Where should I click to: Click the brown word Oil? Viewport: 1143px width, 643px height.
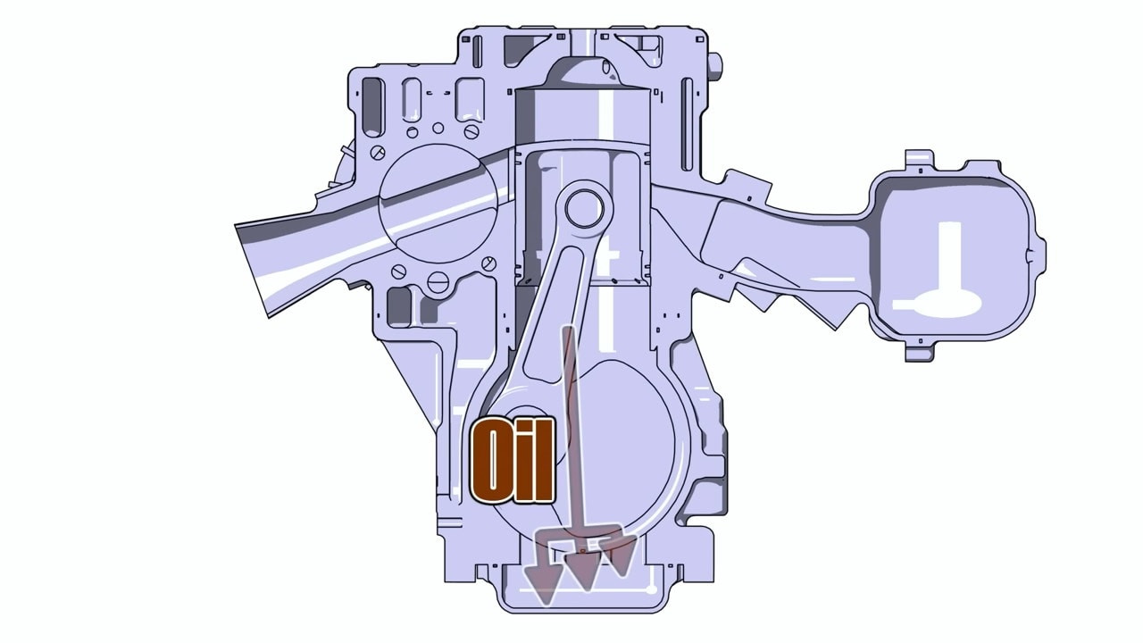click(x=513, y=462)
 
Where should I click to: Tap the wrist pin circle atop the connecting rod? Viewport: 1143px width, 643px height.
click(x=584, y=208)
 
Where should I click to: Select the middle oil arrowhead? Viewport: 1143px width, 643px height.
click(x=583, y=571)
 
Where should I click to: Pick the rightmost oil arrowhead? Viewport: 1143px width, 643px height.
click(x=620, y=556)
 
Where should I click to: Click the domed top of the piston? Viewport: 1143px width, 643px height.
click(x=581, y=74)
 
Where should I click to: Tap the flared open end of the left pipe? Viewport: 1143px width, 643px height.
click(x=253, y=271)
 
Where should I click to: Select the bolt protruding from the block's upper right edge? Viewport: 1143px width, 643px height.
click(x=715, y=65)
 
